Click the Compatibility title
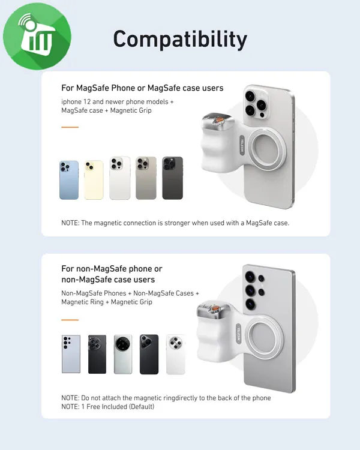coord(180,40)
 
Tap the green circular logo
coord(37,36)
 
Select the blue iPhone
coord(69,180)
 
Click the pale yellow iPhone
coord(94,180)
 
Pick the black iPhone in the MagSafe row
coord(173,178)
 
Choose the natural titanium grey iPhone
coord(146,178)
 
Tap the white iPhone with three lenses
coord(120,178)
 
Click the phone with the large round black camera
coord(123,354)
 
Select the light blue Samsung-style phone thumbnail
coord(71,354)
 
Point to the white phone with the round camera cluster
coord(175,354)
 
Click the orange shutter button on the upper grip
coord(220,119)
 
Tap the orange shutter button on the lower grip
coord(215,308)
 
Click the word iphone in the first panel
coord(71,102)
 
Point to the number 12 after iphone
coord(87,102)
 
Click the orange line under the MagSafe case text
coord(70,127)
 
